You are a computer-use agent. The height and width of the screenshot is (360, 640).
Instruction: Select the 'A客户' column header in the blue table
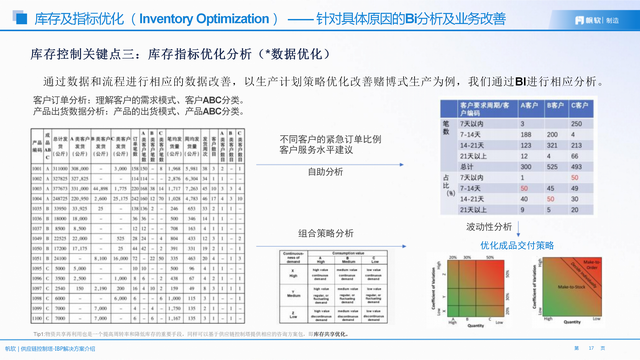click(x=527, y=105)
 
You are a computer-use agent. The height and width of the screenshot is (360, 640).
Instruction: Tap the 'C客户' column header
click(x=577, y=105)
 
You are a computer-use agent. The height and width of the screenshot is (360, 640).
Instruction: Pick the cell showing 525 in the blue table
click(x=552, y=166)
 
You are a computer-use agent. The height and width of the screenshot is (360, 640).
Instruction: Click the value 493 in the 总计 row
click(x=577, y=166)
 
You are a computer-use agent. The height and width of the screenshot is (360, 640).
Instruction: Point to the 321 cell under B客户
click(x=552, y=144)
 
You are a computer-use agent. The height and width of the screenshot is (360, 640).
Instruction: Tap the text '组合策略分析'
click(x=325, y=232)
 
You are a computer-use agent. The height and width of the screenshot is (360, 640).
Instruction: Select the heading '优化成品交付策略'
click(x=516, y=244)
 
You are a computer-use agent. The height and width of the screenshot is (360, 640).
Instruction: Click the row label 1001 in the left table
click(x=37, y=169)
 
